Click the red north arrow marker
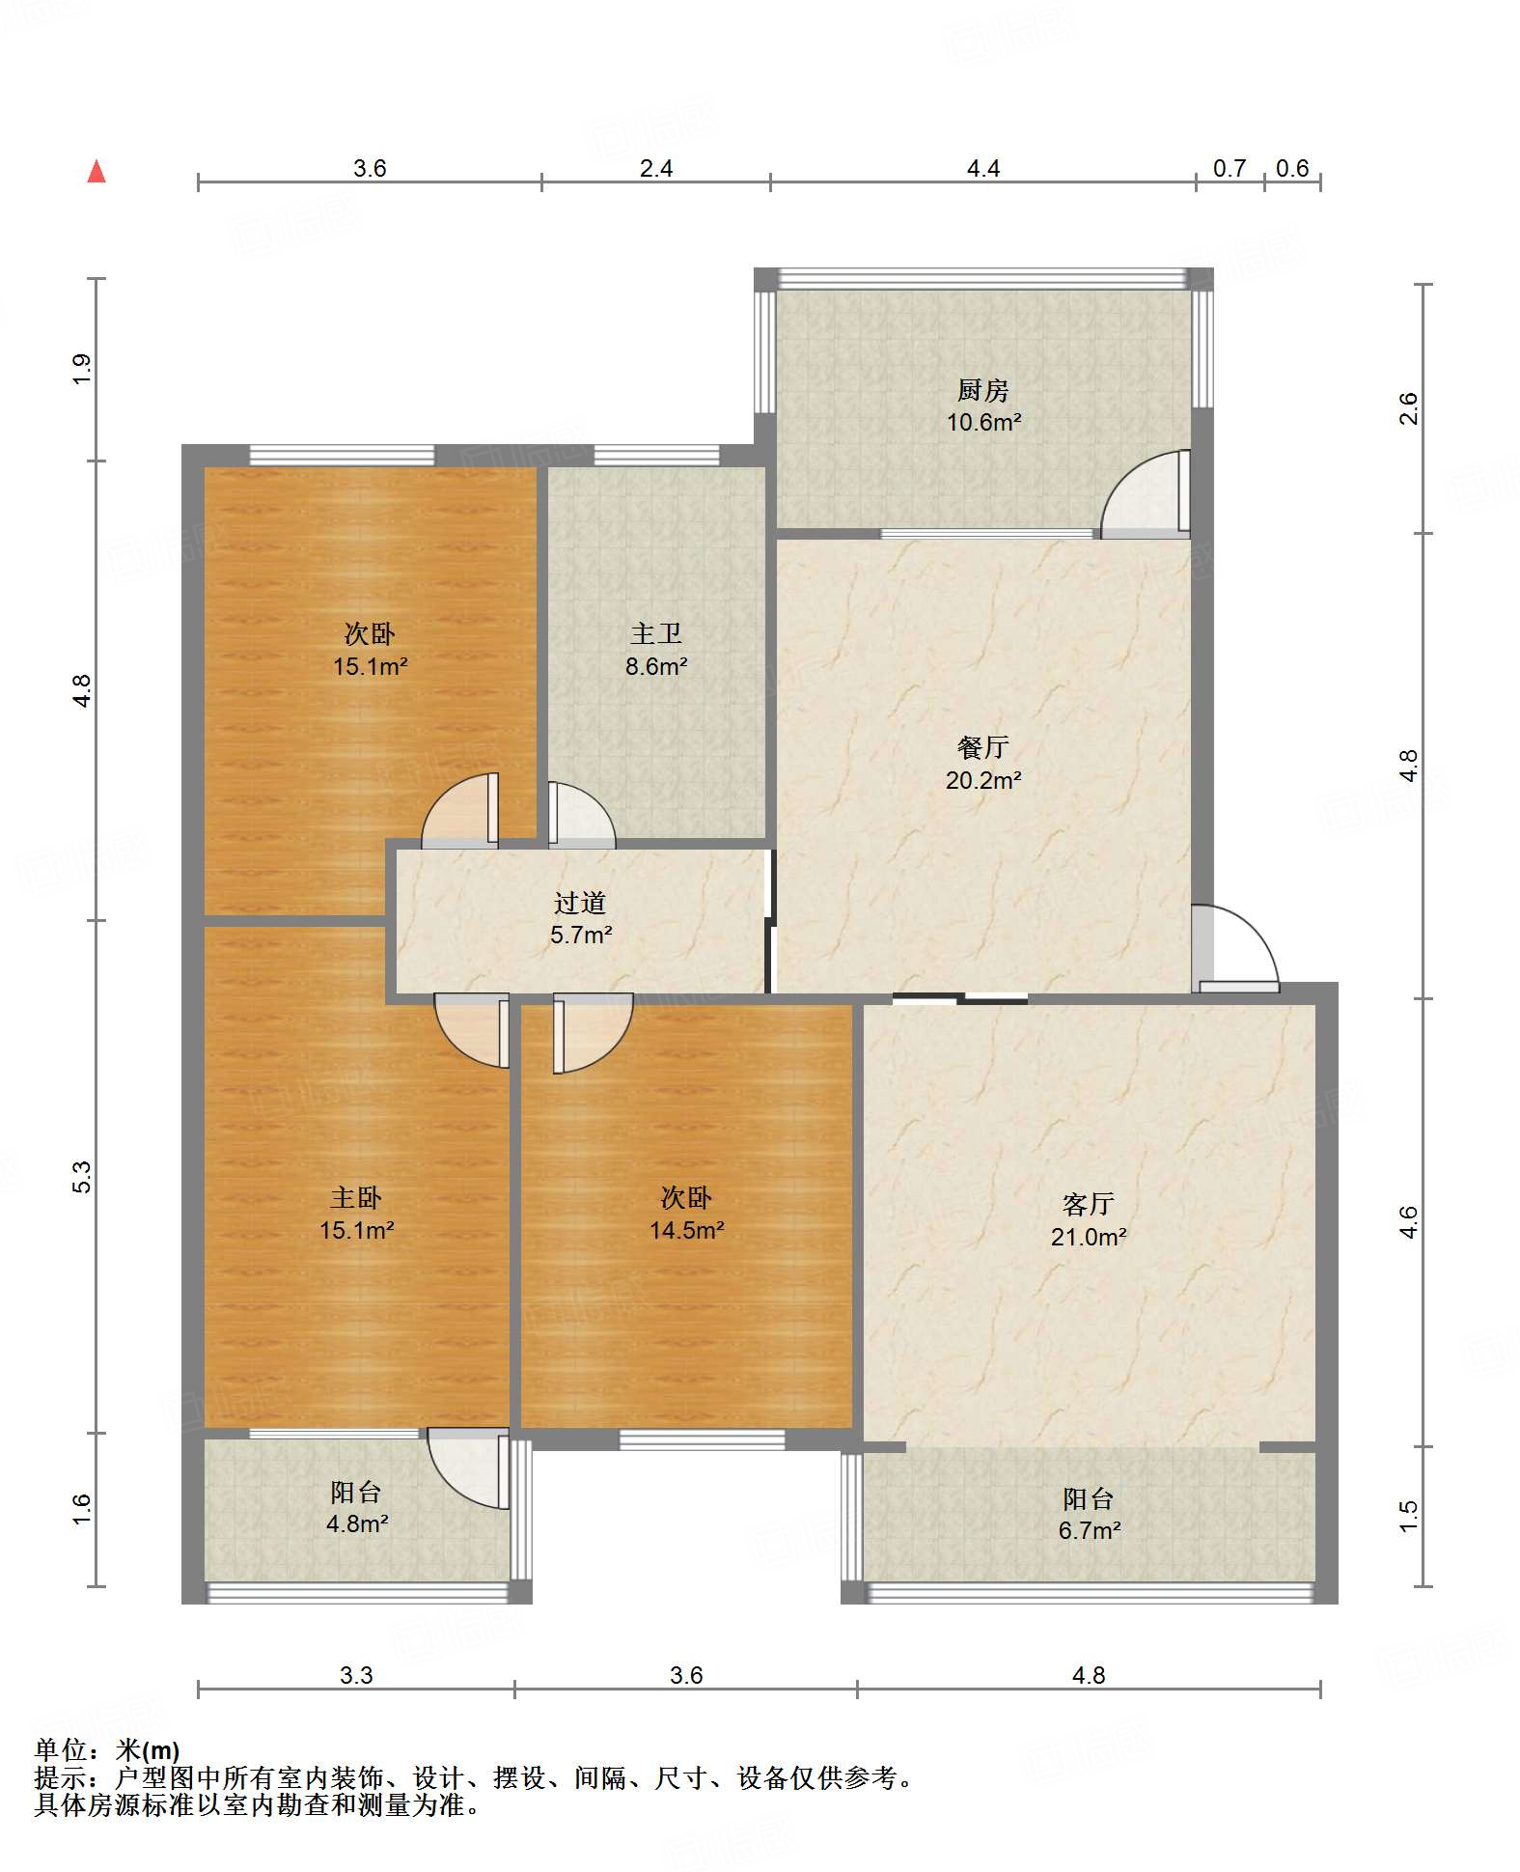coord(97,172)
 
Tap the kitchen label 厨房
coord(982,390)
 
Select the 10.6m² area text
coord(983,422)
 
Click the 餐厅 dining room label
coord(982,747)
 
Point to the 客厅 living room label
coord(1088,1204)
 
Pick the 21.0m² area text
coord(1089,1237)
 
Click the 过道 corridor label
coord(580,903)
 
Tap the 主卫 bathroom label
coord(656,633)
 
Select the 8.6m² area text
coord(656,666)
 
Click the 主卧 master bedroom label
coord(356,1198)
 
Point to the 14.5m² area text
coord(686,1230)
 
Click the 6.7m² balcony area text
coord(1090,1530)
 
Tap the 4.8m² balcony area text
coord(357,1523)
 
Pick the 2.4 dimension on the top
coord(656,168)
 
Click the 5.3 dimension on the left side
coord(82,1177)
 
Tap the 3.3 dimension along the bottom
coord(356,1675)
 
